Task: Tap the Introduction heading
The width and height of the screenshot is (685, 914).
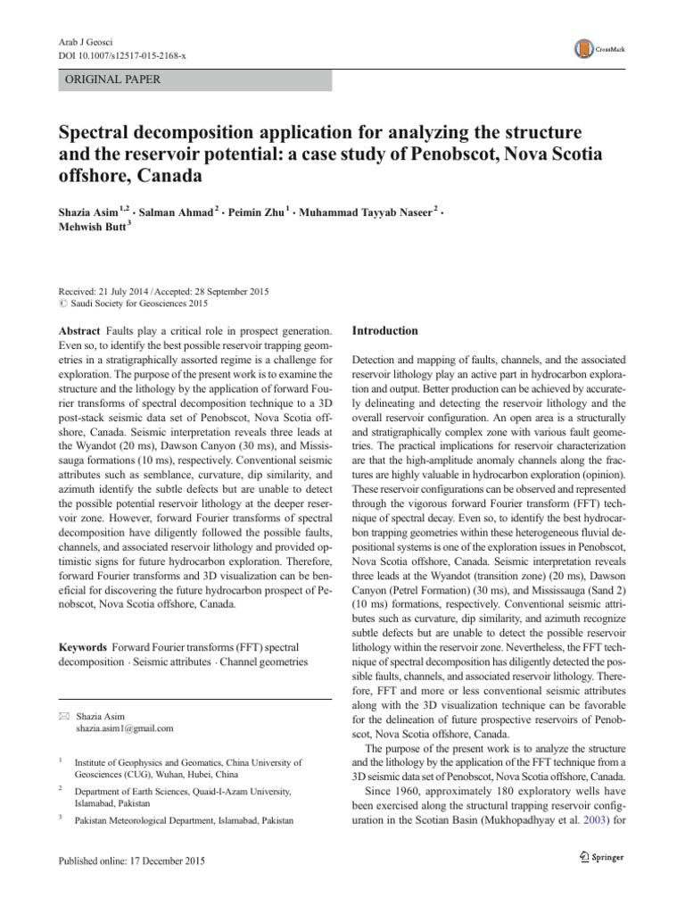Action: pos(384,330)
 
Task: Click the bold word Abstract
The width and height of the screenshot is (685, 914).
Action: pos(77,330)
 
